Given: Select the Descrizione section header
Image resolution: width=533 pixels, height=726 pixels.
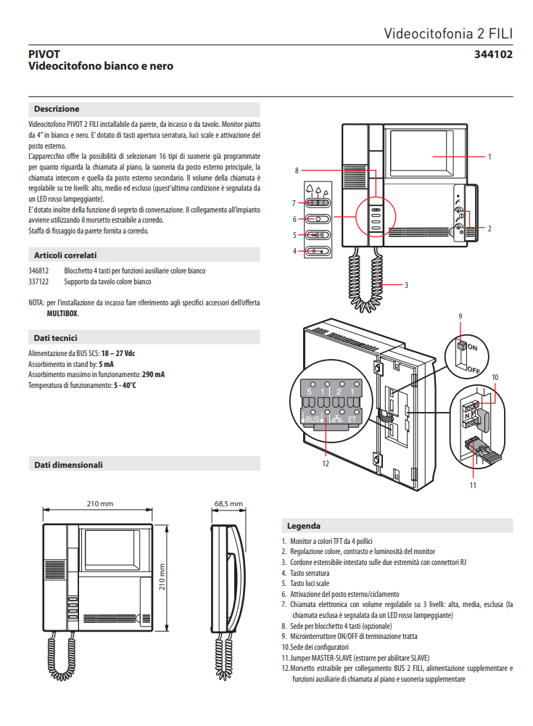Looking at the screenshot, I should (x=57, y=109).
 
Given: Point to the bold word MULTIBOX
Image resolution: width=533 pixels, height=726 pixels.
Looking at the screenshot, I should (x=58, y=313).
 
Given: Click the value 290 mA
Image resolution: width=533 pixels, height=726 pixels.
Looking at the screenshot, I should (x=153, y=374).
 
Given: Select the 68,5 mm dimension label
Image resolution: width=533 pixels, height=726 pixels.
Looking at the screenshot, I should (x=228, y=503).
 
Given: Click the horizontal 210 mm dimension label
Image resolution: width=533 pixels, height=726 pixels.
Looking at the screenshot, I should (x=99, y=503).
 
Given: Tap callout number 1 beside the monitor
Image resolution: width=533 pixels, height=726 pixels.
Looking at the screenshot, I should (x=489, y=157).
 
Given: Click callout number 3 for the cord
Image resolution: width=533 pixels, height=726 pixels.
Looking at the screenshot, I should (x=406, y=285).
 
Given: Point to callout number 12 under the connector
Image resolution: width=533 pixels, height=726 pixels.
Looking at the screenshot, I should (x=326, y=463).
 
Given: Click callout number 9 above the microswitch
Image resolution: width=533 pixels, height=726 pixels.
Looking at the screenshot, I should (x=460, y=316).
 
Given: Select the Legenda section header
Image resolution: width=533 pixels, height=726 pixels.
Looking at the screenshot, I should (x=303, y=526).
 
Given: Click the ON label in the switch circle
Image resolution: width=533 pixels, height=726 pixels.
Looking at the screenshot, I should (x=473, y=347).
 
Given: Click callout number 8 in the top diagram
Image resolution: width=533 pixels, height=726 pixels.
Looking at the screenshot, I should (x=297, y=170).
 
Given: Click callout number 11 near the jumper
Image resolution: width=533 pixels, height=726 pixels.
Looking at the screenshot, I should (x=472, y=484).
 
